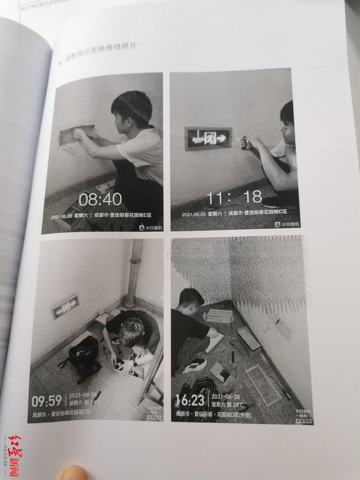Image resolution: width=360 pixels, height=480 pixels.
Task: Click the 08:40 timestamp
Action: pyautogui.click(x=100, y=199)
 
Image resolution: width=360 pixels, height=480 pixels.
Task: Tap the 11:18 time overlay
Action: pyautogui.click(x=235, y=198)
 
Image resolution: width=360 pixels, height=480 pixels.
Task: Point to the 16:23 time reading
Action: pyautogui.click(x=190, y=400)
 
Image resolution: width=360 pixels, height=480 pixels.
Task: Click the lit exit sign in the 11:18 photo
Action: pyautogui.click(x=208, y=137)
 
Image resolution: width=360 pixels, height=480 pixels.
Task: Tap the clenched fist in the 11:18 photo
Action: pyautogui.click(x=247, y=143)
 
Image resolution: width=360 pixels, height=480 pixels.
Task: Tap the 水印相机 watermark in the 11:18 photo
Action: pyautogui.click(x=286, y=223)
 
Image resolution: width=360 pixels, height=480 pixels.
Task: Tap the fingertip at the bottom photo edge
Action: pyautogui.click(x=73, y=473)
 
